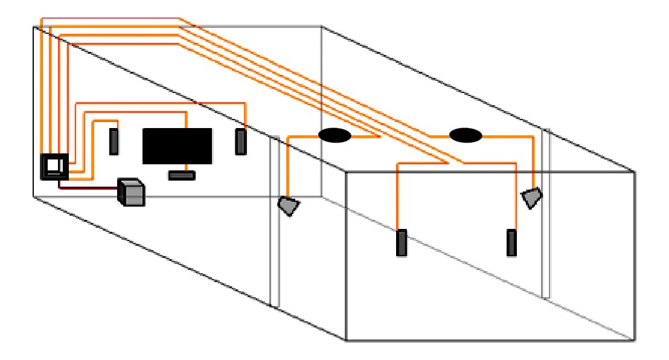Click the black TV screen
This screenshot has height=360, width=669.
177,146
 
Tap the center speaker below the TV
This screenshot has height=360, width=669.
182,175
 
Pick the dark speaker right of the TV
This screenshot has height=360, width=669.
241,141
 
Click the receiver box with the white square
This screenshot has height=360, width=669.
54,166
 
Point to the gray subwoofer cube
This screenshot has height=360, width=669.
132,193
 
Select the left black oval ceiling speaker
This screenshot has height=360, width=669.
334,136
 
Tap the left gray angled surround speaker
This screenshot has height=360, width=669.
289,205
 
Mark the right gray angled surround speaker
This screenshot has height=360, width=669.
531,198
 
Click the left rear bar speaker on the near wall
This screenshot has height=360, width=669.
402,243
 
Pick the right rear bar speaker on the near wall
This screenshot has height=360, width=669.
512,242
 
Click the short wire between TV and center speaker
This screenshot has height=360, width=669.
185,167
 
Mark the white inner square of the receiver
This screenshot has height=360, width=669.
54,164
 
